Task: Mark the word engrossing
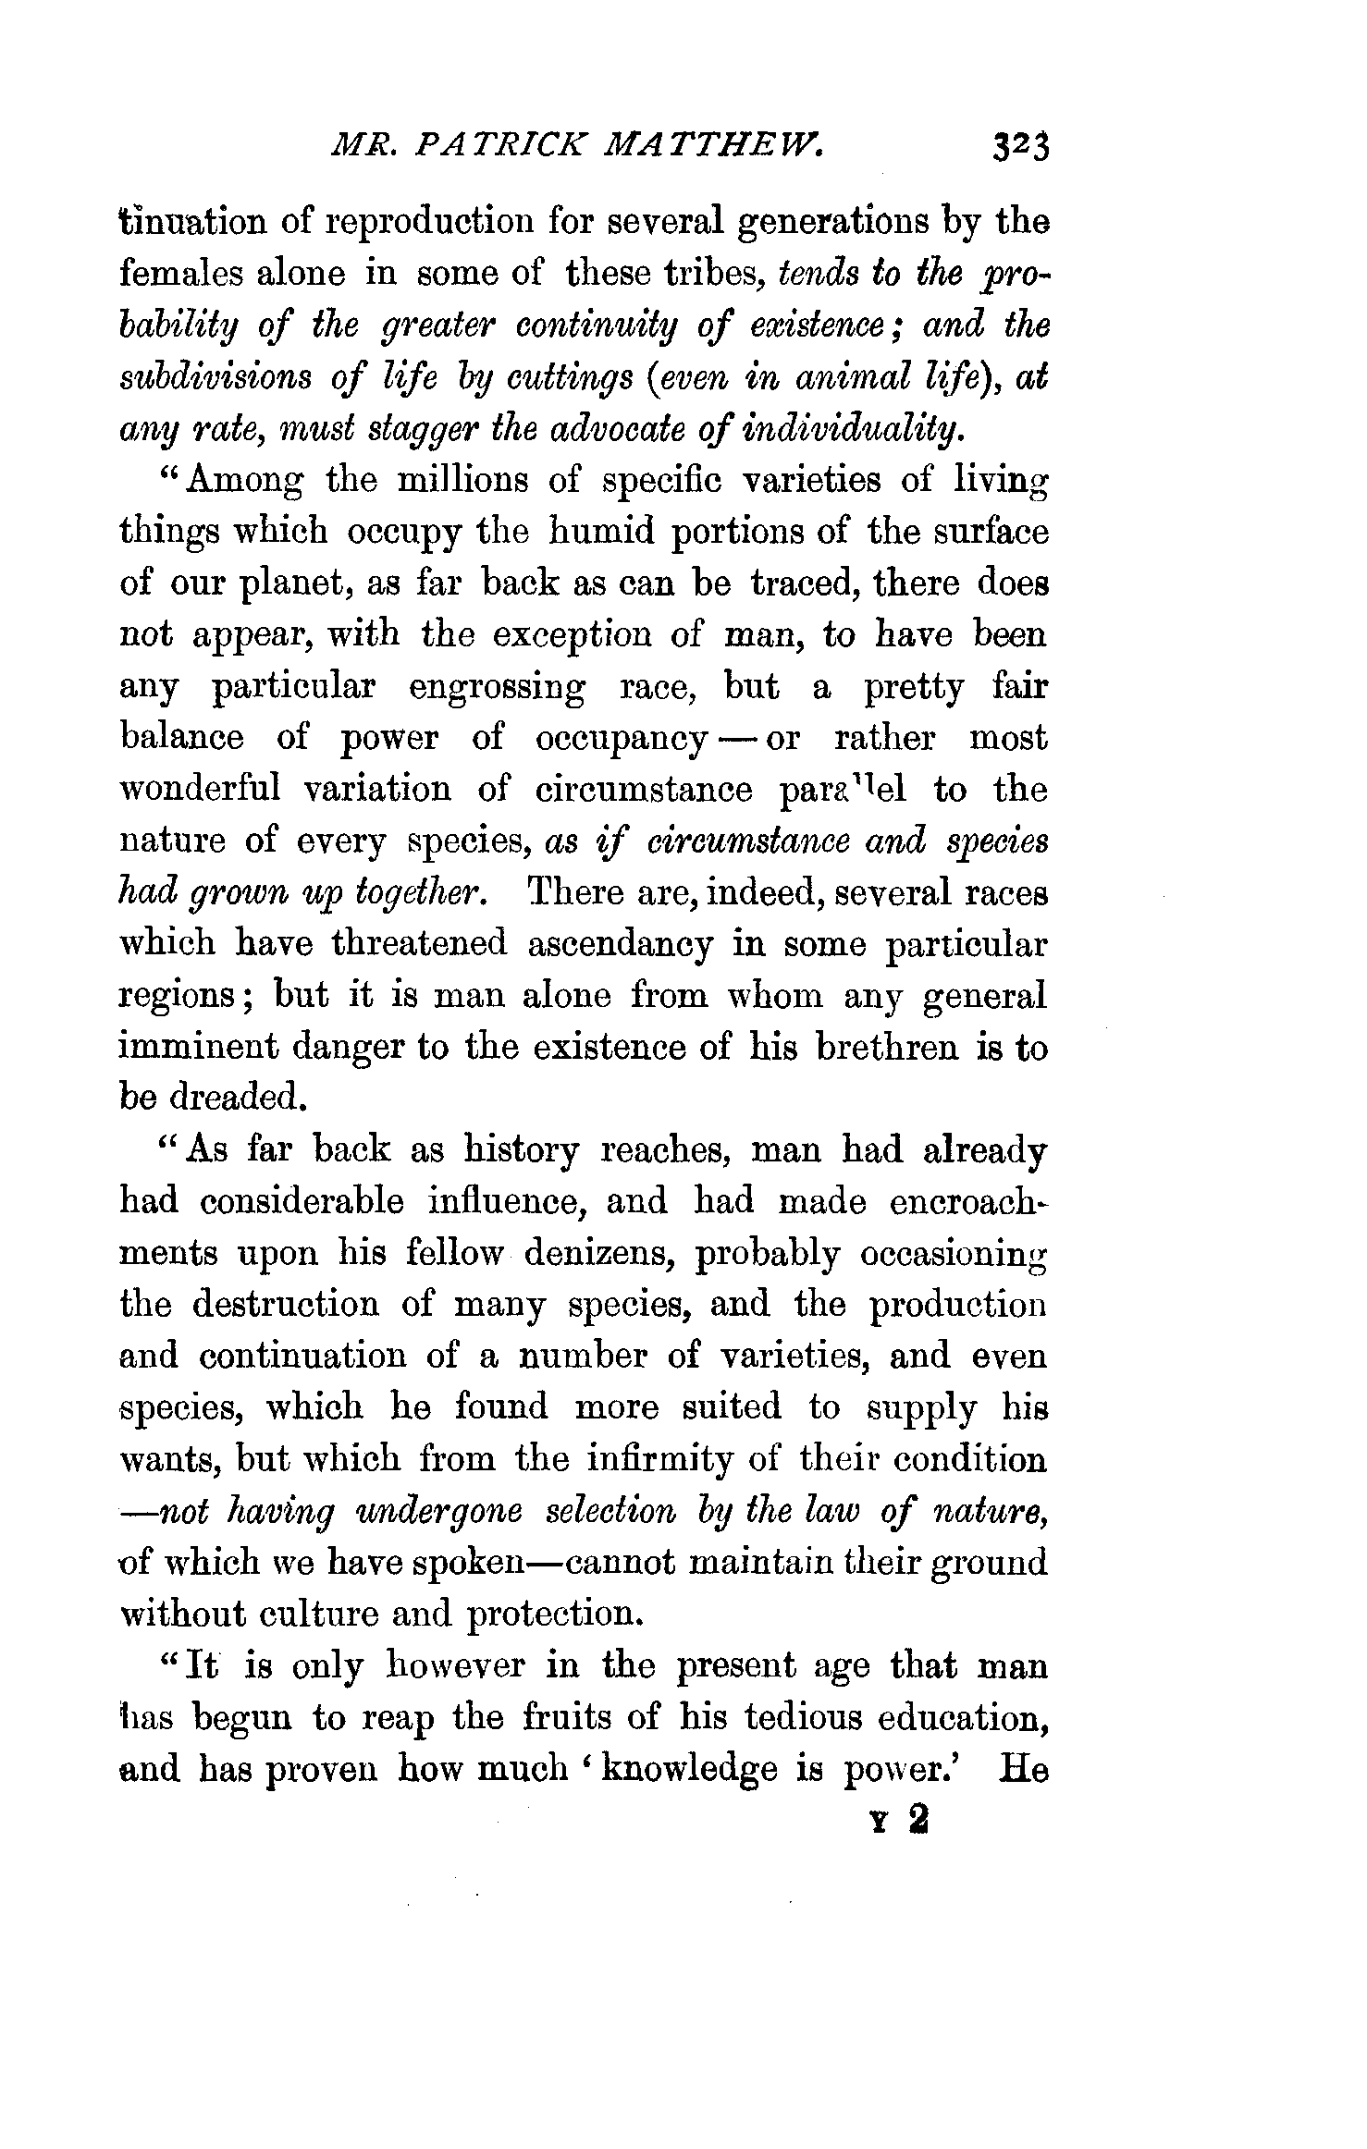click(x=497, y=688)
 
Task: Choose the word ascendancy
click(x=621, y=944)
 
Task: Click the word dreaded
click(x=238, y=1099)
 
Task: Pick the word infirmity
click(x=660, y=1459)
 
